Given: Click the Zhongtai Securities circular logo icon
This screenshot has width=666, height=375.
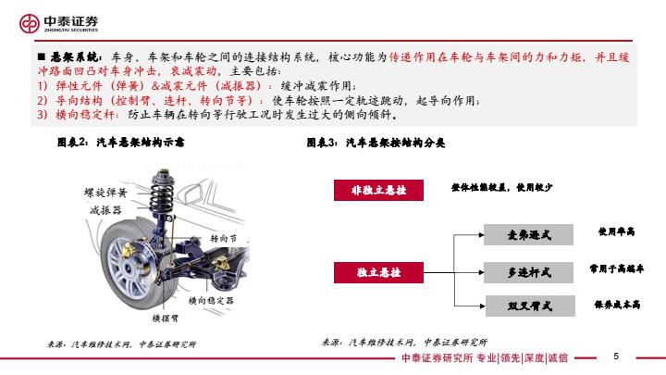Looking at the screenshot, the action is click(30, 23).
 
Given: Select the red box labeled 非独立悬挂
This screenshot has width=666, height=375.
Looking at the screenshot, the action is click(378, 190).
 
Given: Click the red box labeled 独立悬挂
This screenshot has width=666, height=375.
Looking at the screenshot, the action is click(378, 272).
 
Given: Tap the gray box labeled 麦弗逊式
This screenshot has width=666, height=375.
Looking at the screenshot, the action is click(528, 234).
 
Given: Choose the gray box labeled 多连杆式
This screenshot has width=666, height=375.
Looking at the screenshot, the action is click(528, 272).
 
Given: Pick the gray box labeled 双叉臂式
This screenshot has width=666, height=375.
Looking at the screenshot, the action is click(530, 306).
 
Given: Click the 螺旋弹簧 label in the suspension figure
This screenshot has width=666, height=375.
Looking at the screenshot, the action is click(105, 193).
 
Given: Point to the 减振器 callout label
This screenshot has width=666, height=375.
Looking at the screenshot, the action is click(105, 210).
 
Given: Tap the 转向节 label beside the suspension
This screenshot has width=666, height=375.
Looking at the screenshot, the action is click(224, 239).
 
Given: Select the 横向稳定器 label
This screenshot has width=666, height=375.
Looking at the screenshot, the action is click(211, 301).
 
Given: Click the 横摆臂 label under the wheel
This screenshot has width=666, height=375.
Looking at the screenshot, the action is click(166, 318).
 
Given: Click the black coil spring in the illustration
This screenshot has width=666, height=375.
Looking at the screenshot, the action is click(162, 192).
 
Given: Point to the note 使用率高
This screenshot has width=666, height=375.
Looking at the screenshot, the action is click(616, 231).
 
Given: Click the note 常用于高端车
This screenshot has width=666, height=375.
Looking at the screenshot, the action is click(616, 269).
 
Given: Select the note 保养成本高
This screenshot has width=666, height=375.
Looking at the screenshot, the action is click(617, 305).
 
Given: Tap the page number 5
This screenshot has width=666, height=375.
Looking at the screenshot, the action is click(616, 356).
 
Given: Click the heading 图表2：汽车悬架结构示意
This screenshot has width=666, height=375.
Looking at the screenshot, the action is click(120, 142).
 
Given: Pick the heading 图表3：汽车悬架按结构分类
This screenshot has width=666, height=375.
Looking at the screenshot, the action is click(376, 143).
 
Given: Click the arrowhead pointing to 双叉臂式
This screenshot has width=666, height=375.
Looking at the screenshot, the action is click(483, 306).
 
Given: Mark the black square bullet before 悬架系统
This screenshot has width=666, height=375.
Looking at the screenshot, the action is click(42, 56).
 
